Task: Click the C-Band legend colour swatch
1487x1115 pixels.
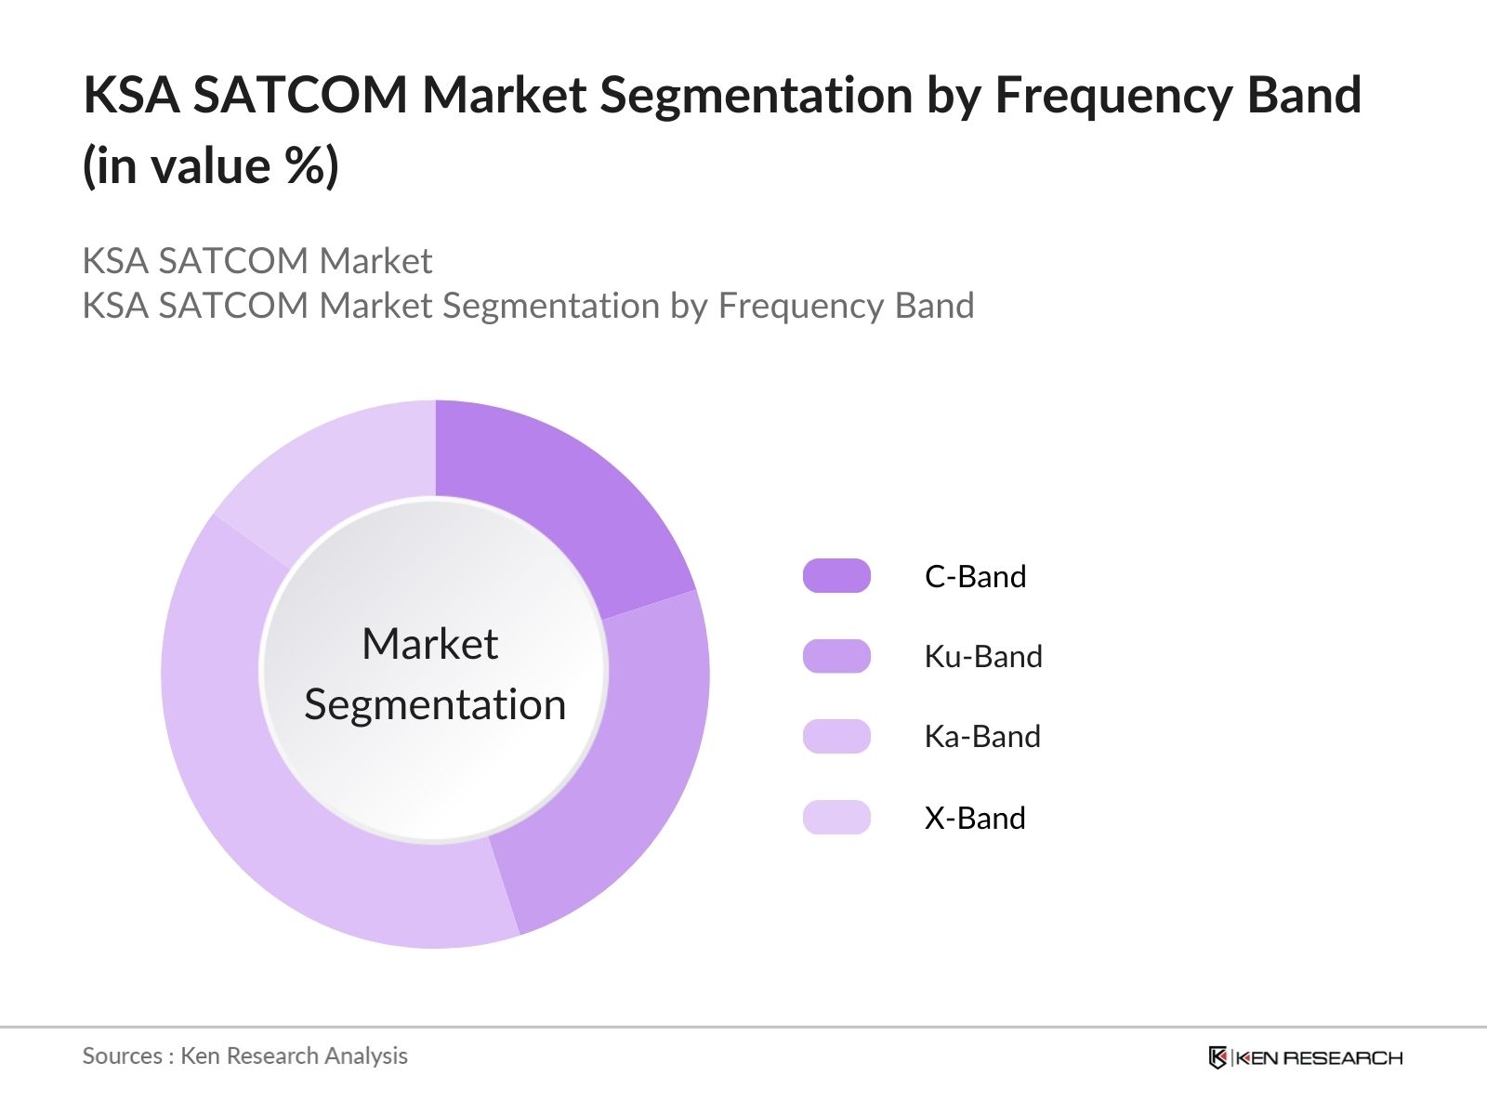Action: (x=836, y=576)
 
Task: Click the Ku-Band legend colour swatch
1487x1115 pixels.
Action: (x=836, y=656)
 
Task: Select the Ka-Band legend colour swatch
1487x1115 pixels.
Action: (x=836, y=736)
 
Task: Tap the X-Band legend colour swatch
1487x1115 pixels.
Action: (x=836, y=817)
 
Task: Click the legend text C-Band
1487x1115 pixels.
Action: (x=975, y=576)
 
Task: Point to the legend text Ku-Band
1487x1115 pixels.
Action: (x=982, y=656)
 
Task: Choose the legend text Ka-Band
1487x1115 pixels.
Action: (x=981, y=736)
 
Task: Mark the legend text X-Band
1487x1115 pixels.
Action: (x=974, y=818)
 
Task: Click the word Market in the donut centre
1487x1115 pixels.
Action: (x=429, y=643)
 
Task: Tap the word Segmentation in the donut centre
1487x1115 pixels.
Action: (x=435, y=704)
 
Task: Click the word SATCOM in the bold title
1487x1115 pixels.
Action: (x=300, y=95)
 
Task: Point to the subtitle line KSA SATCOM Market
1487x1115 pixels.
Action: (x=257, y=261)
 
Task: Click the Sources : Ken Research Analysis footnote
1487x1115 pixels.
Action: (x=244, y=1056)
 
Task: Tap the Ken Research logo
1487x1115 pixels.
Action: (x=1305, y=1057)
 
